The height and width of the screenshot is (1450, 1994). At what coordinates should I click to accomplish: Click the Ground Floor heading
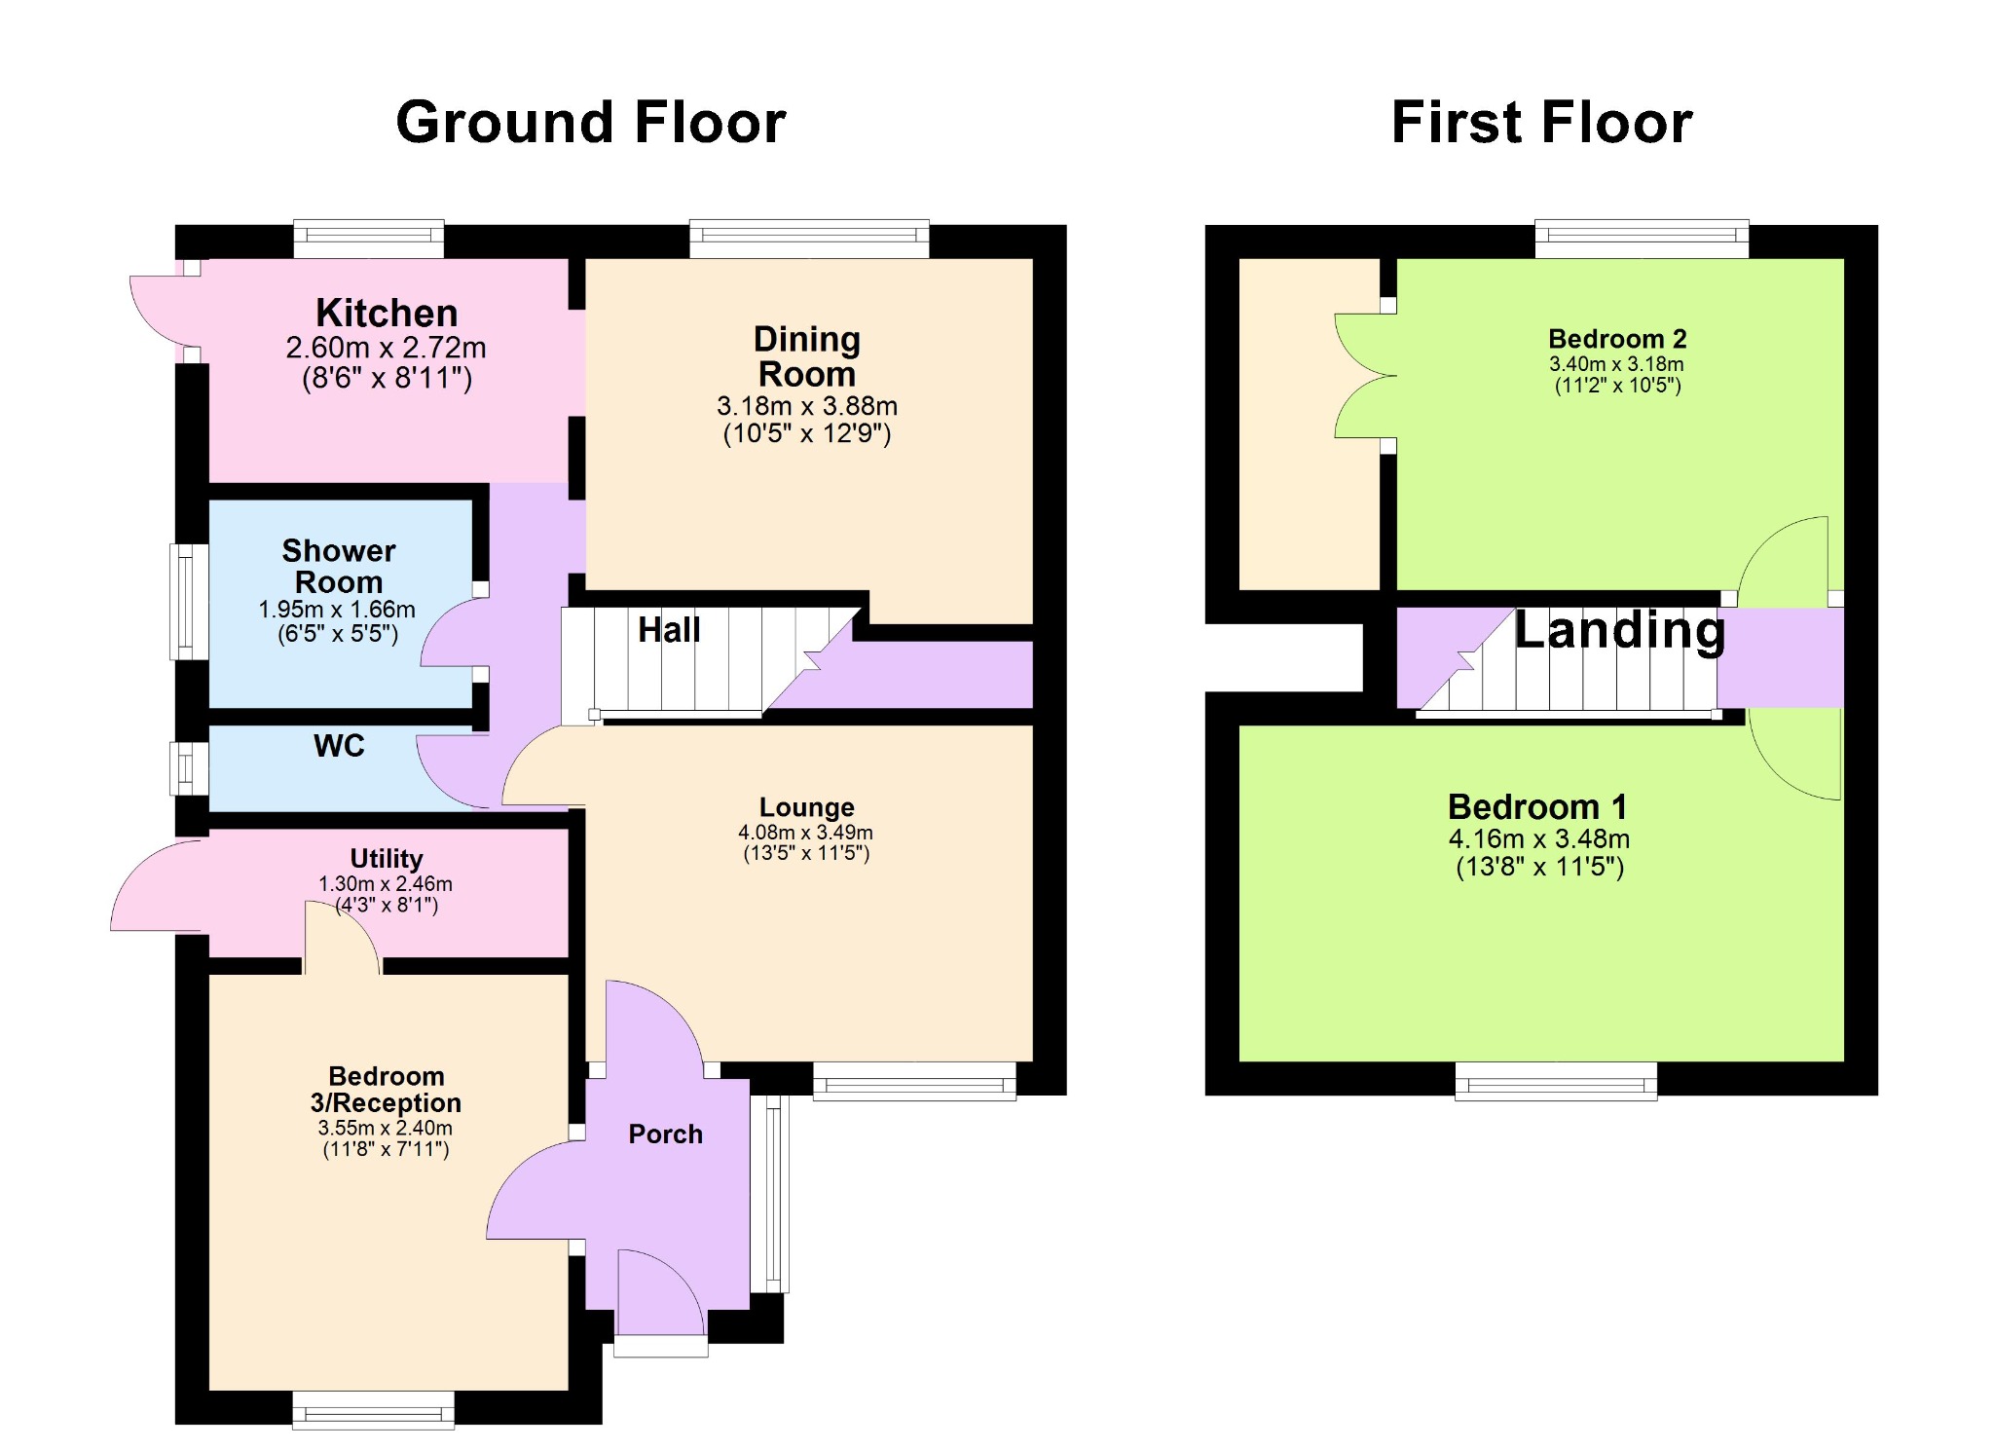click(591, 123)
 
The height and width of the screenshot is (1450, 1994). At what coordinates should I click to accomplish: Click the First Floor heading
click(1542, 123)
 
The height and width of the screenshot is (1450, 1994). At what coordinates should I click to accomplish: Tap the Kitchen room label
click(387, 314)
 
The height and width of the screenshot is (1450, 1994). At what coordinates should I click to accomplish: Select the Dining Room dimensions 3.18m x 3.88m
click(807, 406)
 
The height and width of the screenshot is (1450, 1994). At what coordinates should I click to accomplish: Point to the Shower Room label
click(339, 566)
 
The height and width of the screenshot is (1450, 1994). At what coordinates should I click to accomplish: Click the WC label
click(339, 746)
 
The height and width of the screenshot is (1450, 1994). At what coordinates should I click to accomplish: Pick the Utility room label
click(387, 858)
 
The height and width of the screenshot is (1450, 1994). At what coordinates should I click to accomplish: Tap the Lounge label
click(807, 807)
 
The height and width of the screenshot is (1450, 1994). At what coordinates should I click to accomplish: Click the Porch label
click(666, 1134)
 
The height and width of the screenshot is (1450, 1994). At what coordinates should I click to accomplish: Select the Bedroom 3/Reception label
click(387, 1090)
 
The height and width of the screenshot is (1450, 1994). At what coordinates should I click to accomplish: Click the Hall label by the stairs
click(669, 630)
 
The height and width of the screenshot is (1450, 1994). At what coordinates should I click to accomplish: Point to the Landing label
click(1620, 630)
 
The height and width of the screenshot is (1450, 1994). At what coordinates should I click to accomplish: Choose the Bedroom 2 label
click(1617, 339)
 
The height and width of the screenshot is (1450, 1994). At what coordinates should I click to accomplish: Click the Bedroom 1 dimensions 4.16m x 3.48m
click(1539, 838)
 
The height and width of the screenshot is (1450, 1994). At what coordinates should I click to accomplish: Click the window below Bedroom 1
click(1556, 1081)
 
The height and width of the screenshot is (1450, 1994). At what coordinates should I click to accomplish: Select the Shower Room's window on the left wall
click(190, 601)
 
